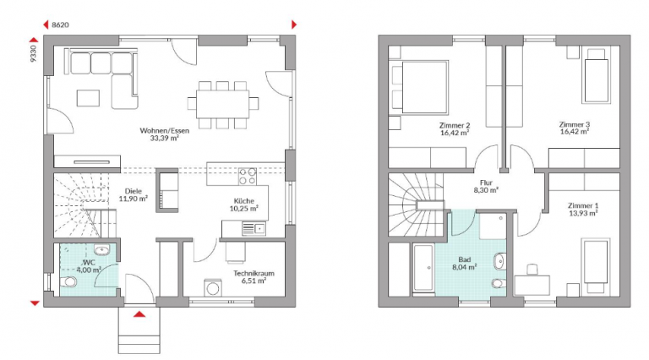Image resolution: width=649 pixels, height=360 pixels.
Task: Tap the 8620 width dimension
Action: (x=60, y=25)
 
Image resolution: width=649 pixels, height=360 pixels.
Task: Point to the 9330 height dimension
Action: (x=34, y=53)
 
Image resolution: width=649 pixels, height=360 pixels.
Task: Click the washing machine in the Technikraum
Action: (x=213, y=288)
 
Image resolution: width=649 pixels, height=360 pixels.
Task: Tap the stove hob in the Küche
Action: (x=247, y=177)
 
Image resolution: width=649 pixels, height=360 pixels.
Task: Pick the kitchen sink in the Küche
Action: (x=254, y=228)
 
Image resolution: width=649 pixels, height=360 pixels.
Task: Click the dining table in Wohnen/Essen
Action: (x=223, y=104)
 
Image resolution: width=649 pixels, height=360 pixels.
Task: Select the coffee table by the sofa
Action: (x=88, y=98)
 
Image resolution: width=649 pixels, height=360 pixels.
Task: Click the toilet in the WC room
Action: (x=68, y=282)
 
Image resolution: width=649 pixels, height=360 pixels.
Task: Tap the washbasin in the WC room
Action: (x=101, y=250)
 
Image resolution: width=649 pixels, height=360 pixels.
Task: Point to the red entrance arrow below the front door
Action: (x=139, y=314)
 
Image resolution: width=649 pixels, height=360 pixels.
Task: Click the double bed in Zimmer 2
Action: (x=419, y=87)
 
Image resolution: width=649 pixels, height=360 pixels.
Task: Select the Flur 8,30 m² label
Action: (x=486, y=186)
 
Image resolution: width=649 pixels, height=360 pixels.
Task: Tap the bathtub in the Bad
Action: (x=423, y=268)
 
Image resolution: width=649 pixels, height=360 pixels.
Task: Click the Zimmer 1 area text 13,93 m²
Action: (x=583, y=214)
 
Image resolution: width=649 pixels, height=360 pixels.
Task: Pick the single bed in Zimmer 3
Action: (x=596, y=76)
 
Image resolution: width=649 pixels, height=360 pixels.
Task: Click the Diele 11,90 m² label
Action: (x=134, y=195)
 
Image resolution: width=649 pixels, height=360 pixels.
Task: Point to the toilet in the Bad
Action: (x=499, y=284)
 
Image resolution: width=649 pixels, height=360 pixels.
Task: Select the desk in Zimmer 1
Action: (x=532, y=286)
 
